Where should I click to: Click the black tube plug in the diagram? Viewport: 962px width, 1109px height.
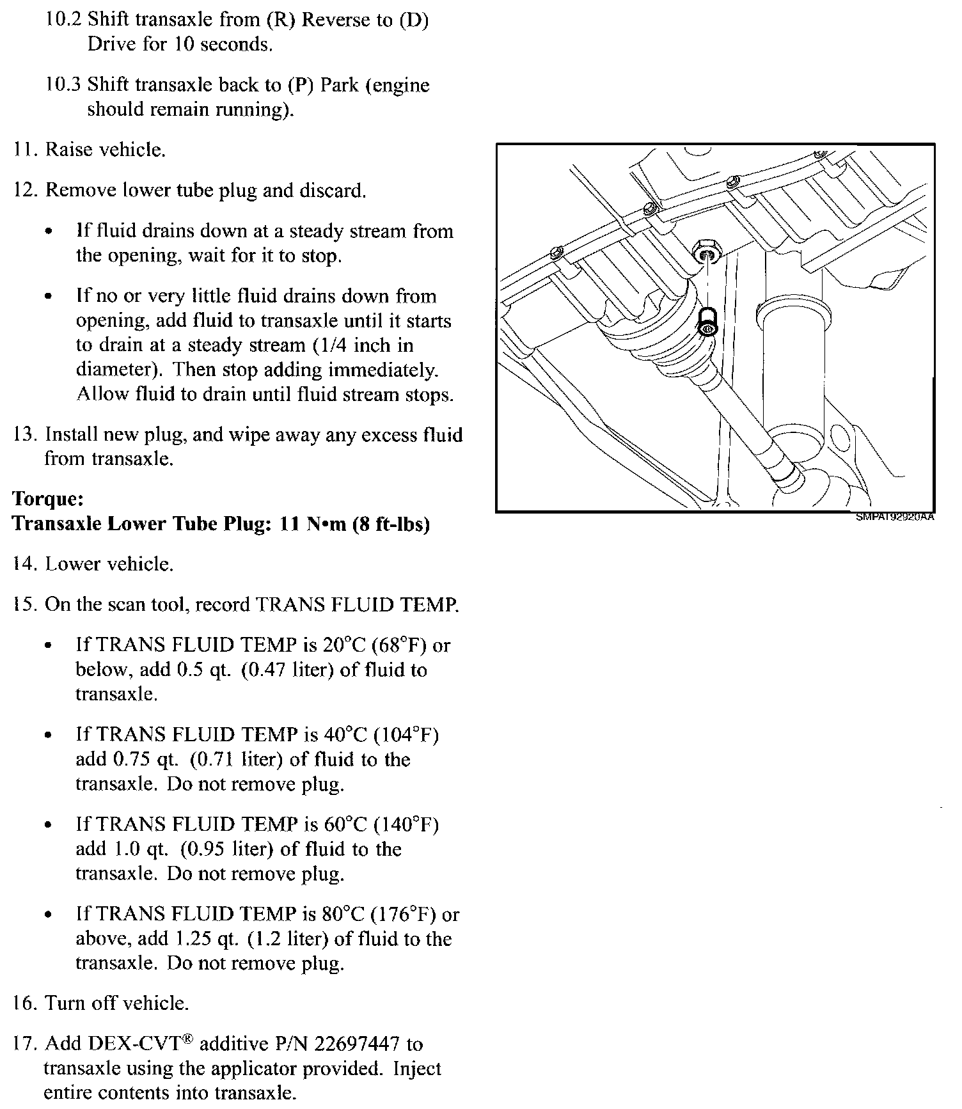pos(707,324)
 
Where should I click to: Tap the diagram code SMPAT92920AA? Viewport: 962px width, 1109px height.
pos(895,517)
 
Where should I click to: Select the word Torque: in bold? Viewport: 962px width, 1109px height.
pos(49,499)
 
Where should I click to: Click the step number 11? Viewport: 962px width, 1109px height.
pos(26,150)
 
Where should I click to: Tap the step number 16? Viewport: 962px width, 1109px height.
pos(26,1003)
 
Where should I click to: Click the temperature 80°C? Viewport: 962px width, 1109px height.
pos(348,914)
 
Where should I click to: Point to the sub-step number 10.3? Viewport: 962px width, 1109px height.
pos(63,85)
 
